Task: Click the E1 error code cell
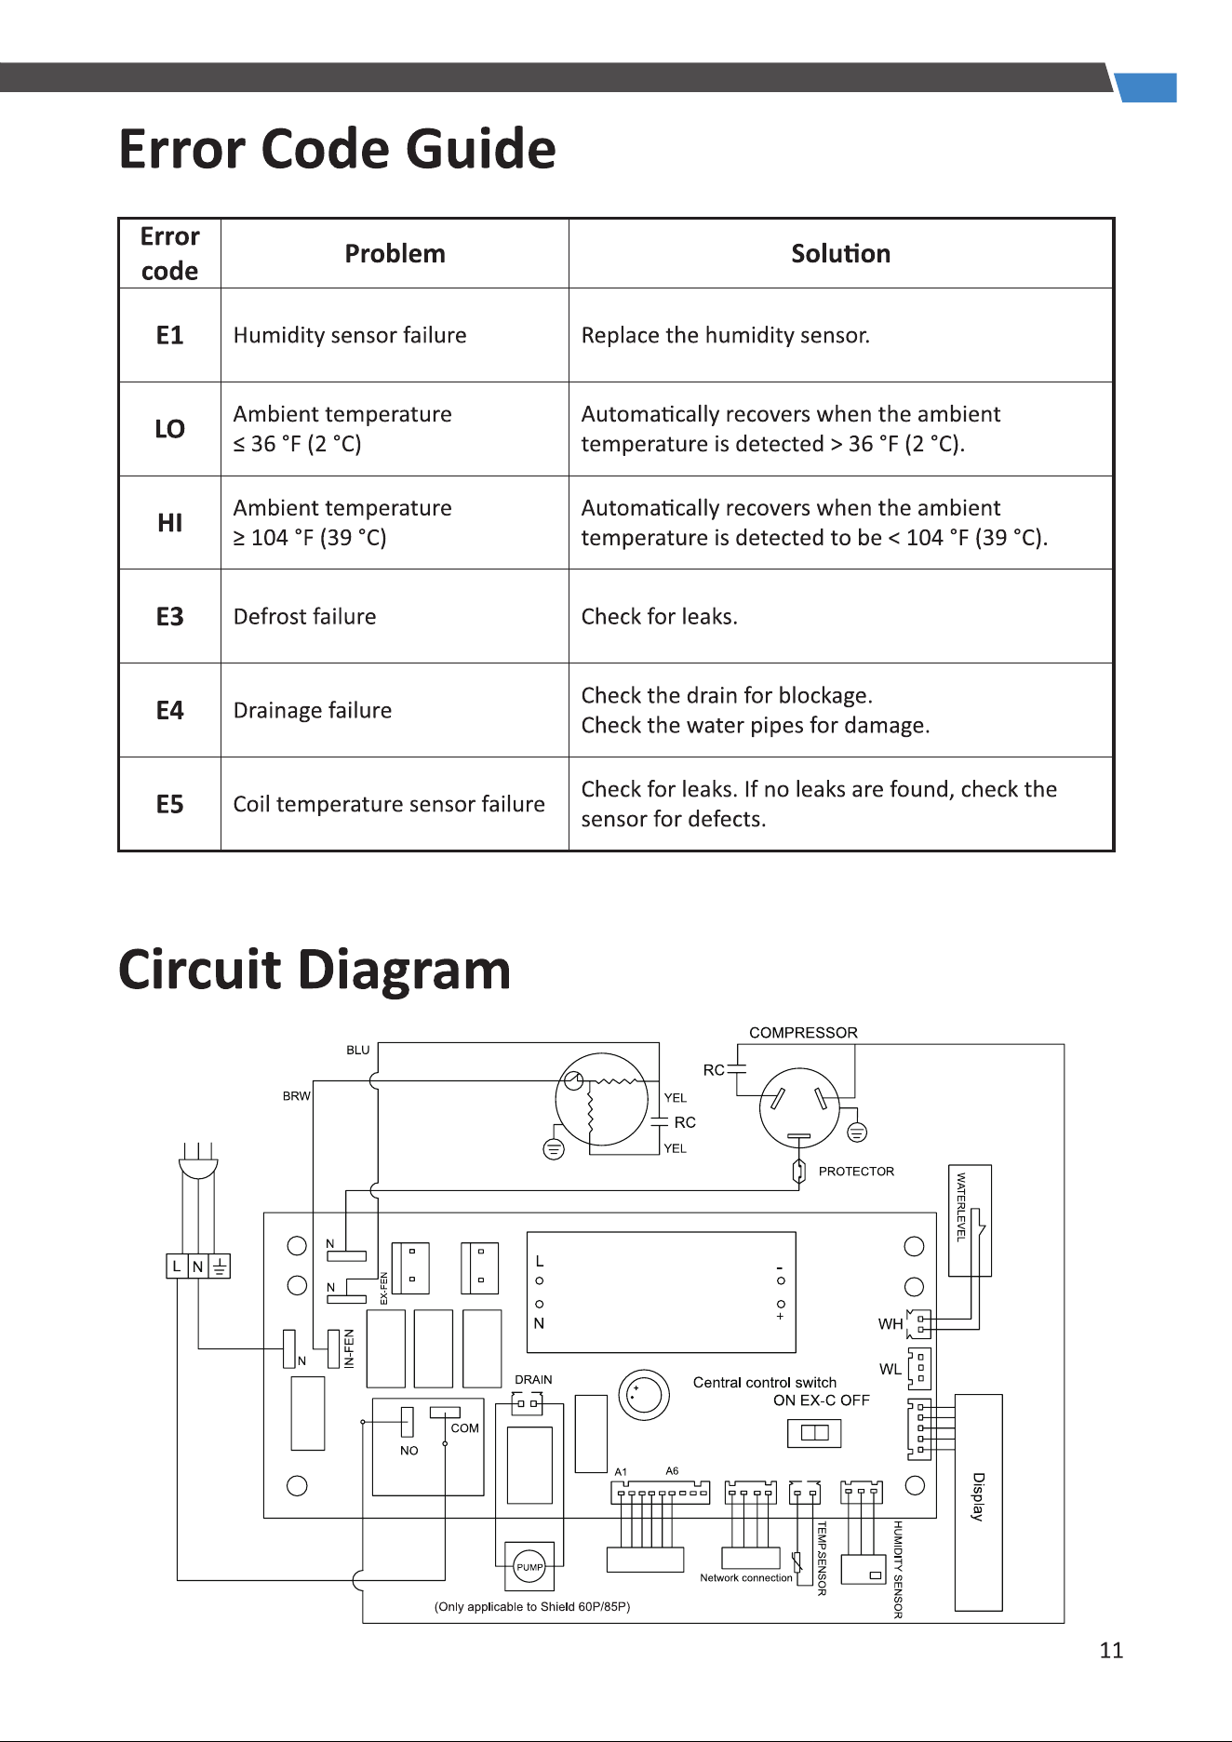coord(170,335)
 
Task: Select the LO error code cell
coord(170,429)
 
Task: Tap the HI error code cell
coord(170,523)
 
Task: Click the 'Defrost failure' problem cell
coord(395,616)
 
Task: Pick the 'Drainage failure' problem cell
coord(395,710)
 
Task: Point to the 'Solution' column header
coord(841,254)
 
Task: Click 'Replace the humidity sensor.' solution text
coord(726,335)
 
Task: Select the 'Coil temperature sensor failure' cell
coord(395,804)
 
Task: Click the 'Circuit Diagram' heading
coord(315,970)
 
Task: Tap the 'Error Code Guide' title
coord(338,149)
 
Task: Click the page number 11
coord(1111,1651)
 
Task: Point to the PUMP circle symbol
coord(529,1567)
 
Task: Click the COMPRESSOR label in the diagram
coord(803,1033)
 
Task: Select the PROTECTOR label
coord(856,1172)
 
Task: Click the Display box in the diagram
coord(979,1502)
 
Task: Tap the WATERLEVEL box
coord(970,1220)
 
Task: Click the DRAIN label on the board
coord(533,1379)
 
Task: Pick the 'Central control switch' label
coord(765,1383)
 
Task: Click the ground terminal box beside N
coord(220,1266)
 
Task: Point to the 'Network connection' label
coord(746,1578)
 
